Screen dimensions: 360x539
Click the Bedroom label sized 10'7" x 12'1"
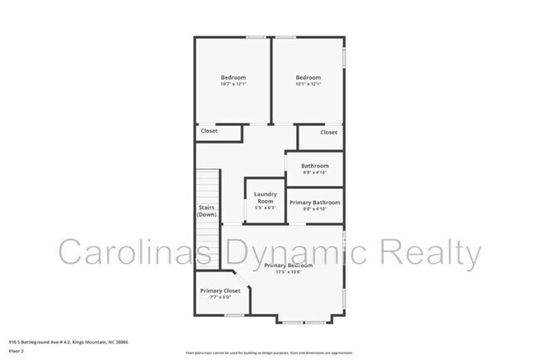pyautogui.click(x=233, y=77)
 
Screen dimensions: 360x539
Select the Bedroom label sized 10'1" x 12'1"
pyautogui.click(x=308, y=77)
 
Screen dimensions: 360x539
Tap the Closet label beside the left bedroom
pyautogui.click(x=209, y=131)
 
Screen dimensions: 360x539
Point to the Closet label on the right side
pyautogui.click(x=328, y=132)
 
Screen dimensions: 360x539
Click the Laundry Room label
pyautogui.click(x=265, y=197)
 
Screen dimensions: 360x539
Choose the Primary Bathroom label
pyautogui.click(x=314, y=202)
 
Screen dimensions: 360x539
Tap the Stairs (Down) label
pyautogui.click(x=207, y=211)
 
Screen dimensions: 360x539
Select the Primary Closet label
pyautogui.click(x=220, y=291)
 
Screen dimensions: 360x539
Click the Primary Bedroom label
pyautogui.click(x=289, y=265)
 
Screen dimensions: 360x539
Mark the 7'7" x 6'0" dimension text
pyautogui.click(x=220, y=299)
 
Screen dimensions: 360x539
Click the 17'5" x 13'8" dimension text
pyautogui.click(x=289, y=273)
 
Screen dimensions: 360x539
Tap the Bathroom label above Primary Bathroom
pyautogui.click(x=314, y=165)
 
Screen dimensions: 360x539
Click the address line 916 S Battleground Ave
pyautogui.click(x=68, y=341)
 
